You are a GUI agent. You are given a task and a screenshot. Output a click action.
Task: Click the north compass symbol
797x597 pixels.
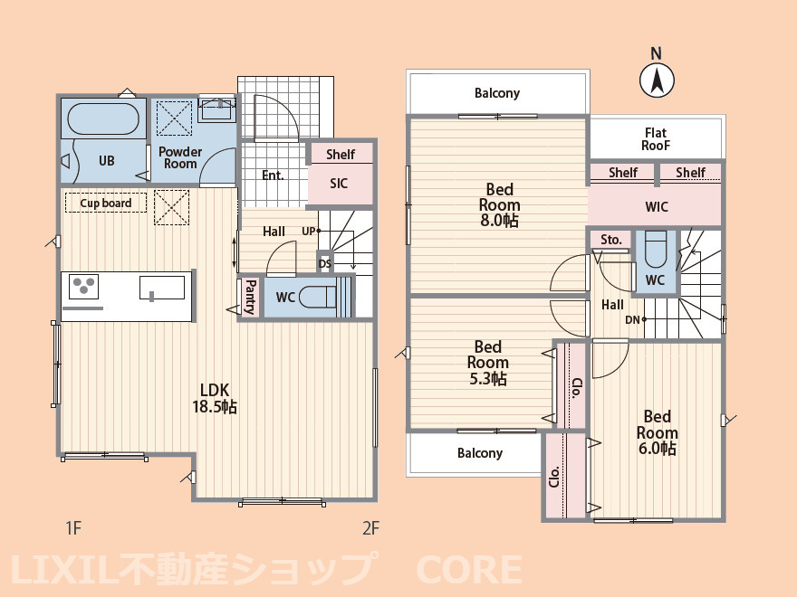pyautogui.click(x=658, y=79)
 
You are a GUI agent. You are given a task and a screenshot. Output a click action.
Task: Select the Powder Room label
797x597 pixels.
pyautogui.click(x=180, y=157)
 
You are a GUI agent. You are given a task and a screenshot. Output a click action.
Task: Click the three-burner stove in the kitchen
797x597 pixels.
pyautogui.click(x=84, y=287)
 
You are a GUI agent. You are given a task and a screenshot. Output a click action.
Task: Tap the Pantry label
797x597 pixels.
pyautogui.click(x=250, y=296)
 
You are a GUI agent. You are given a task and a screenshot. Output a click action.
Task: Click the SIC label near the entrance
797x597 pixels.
pyautogui.click(x=339, y=184)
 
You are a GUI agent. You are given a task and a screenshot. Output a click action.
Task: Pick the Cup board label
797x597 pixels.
pyautogui.click(x=106, y=204)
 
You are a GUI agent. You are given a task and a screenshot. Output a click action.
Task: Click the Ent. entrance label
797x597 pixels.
pyautogui.click(x=273, y=175)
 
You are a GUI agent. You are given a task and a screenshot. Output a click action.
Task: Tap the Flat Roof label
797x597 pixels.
pyautogui.click(x=656, y=138)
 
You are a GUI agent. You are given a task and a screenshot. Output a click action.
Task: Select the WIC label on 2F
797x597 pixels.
pyautogui.click(x=657, y=207)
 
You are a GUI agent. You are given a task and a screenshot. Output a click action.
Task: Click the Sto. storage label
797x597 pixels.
pyautogui.click(x=611, y=240)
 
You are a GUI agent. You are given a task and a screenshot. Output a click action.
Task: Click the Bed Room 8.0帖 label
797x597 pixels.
pyautogui.click(x=499, y=204)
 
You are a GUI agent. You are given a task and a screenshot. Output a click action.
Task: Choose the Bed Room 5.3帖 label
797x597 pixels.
pyautogui.click(x=487, y=362)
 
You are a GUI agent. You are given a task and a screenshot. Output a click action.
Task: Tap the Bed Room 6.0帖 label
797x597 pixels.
pyautogui.click(x=657, y=431)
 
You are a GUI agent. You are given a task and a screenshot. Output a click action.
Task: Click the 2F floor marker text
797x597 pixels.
pyautogui.click(x=370, y=527)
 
